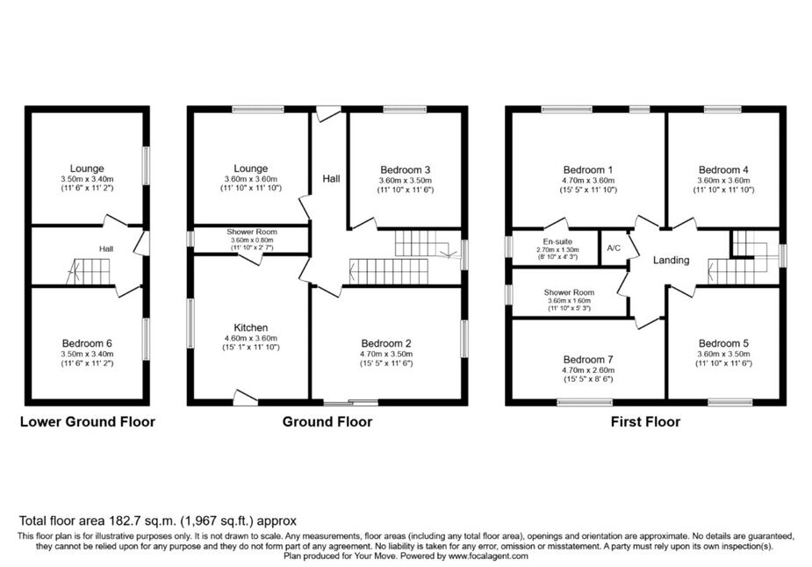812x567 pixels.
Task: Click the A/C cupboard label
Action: [x=614, y=248]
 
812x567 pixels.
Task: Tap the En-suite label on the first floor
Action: [x=557, y=241]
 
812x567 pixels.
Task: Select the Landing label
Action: [x=672, y=260]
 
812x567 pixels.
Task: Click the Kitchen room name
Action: [x=251, y=327]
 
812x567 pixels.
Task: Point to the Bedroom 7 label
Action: [x=588, y=359]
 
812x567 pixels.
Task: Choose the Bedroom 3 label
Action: [x=405, y=170]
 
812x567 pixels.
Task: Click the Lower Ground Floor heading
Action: [x=88, y=422]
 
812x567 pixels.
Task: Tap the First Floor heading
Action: [x=645, y=422]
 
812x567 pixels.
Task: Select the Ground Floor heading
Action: [x=327, y=422]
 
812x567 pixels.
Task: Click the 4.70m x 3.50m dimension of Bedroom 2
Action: [x=386, y=355]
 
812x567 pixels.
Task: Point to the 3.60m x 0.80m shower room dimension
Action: [x=252, y=240]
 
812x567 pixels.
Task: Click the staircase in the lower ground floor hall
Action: [x=88, y=271]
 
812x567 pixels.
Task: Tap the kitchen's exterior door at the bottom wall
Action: [x=246, y=397]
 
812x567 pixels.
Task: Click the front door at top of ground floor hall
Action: [x=328, y=113]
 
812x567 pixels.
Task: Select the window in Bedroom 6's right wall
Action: [x=147, y=339]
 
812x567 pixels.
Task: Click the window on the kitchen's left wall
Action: [x=190, y=323]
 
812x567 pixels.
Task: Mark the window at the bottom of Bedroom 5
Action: [x=730, y=402]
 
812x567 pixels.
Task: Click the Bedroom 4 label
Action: [x=723, y=170]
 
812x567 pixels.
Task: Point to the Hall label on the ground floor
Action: [x=332, y=179]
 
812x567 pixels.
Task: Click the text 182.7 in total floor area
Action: [x=126, y=520]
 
